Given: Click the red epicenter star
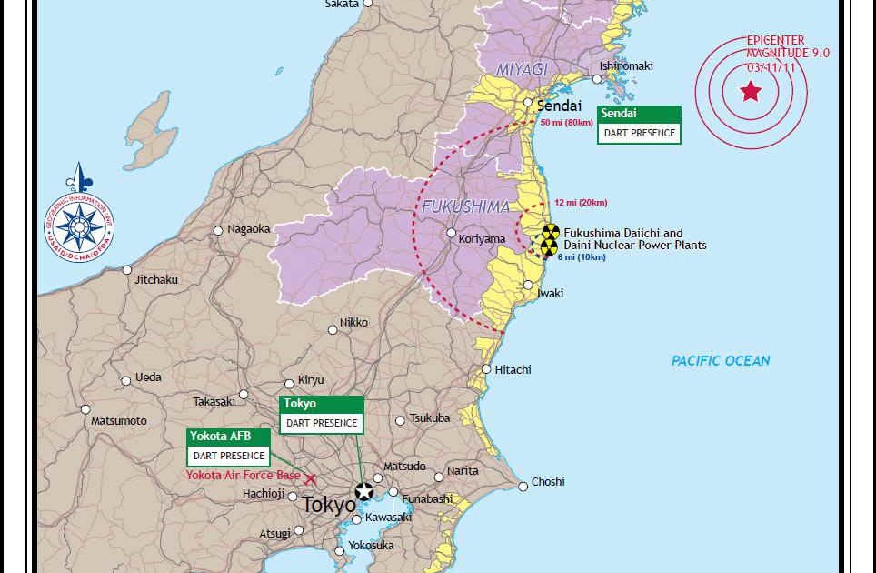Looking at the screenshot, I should click(x=751, y=91).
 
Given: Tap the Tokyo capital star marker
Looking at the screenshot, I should click(x=364, y=491).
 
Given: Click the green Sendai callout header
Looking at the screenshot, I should click(x=639, y=114).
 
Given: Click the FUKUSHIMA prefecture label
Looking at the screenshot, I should click(x=465, y=207).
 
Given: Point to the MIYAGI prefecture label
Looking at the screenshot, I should click(x=521, y=70).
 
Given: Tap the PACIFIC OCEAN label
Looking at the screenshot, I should click(x=721, y=361).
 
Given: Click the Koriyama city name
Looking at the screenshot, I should click(x=482, y=239).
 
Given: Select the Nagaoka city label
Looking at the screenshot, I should click(x=249, y=229).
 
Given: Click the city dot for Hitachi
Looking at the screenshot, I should click(x=487, y=369).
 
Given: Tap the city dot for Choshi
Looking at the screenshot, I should click(x=523, y=487).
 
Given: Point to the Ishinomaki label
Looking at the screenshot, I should click(x=626, y=66).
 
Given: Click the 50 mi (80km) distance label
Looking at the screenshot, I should click(x=566, y=123).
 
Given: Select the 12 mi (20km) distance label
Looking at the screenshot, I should click(x=581, y=202).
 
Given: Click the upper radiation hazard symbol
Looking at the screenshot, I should click(x=551, y=232).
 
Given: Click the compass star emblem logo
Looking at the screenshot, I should click(x=80, y=222).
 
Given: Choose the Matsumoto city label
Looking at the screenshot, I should click(x=118, y=421).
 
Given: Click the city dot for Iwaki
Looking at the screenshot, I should click(x=527, y=286).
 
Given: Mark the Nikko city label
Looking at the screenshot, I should click(x=353, y=323).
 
